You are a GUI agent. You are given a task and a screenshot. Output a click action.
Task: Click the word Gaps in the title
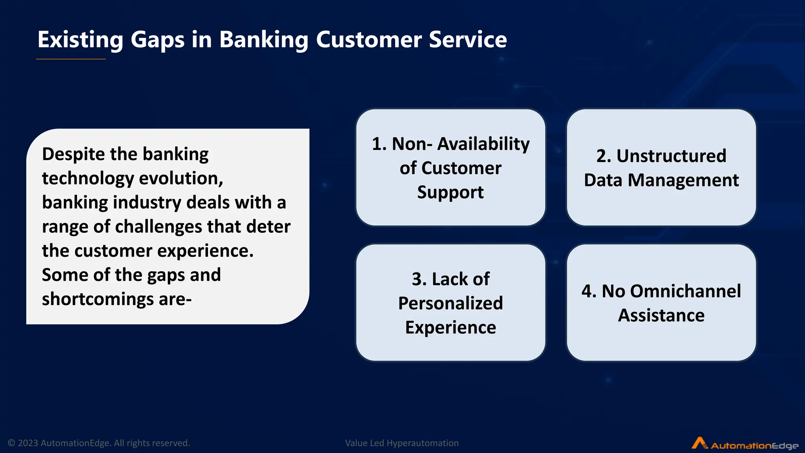click(157, 40)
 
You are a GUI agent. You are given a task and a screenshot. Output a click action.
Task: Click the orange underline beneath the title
click(71, 59)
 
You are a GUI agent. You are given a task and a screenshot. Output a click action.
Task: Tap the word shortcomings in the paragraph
click(97, 299)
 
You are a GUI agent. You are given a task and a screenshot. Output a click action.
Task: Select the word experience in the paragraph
click(204, 251)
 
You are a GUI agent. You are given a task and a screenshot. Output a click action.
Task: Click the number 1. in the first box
click(379, 144)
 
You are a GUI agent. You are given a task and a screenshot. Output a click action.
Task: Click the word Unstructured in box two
click(671, 156)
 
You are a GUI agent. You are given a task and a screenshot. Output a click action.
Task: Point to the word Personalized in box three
click(450, 304)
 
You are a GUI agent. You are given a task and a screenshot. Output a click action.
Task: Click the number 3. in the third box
click(419, 280)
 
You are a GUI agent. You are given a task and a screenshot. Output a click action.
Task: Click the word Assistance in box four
click(661, 316)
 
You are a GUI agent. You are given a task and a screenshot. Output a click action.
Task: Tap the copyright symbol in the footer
click(11, 443)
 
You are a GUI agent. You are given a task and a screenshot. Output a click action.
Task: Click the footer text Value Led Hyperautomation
click(402, 443)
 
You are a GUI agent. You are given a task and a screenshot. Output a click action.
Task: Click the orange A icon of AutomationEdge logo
click(699, 443)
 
